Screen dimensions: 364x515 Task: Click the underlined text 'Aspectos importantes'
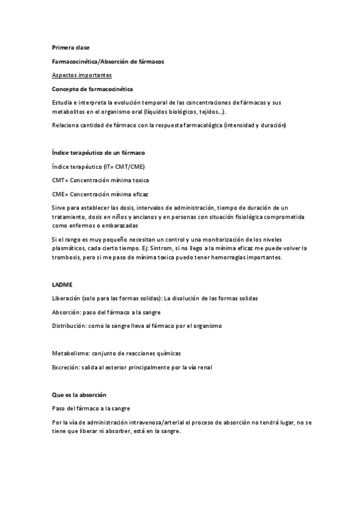coord(81,75)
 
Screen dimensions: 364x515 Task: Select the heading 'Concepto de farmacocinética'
coord(92,89)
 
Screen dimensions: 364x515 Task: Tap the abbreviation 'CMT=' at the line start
coord(60,180)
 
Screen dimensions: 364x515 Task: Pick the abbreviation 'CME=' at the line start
coord(60,194)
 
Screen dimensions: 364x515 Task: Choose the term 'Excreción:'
coord(66,367)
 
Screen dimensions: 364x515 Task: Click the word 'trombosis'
coord(67,257)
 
